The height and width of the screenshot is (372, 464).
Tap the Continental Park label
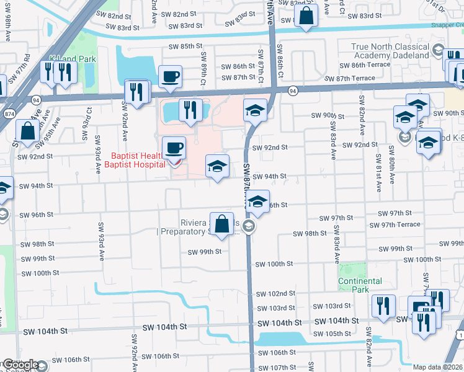(x=360, y=285)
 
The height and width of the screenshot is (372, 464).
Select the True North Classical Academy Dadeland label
(x=390, y=51)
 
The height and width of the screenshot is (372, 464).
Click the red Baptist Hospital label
(x=138, y=160)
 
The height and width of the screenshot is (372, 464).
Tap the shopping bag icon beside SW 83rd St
(x=306, y=16)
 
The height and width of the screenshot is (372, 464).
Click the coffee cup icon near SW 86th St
(x=170, y=77)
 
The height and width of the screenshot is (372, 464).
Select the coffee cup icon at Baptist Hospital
(x=174, y=148)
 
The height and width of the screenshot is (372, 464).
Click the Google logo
(x=20, y=365)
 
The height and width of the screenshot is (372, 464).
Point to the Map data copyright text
(x=438, y=367)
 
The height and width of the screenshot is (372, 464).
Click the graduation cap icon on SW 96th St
(x=257, y=202)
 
